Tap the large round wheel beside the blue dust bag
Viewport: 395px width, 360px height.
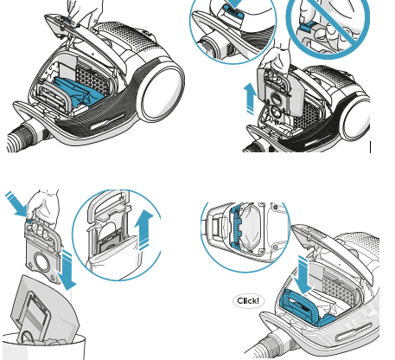(161, 93)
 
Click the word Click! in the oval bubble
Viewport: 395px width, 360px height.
(248, 301)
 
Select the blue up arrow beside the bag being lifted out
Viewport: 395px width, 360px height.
(250, 99)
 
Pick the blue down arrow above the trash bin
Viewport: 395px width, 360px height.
(67, 270)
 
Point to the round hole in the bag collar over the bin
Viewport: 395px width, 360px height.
(42, 261)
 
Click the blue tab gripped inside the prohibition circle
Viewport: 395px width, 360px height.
(306, 27)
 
